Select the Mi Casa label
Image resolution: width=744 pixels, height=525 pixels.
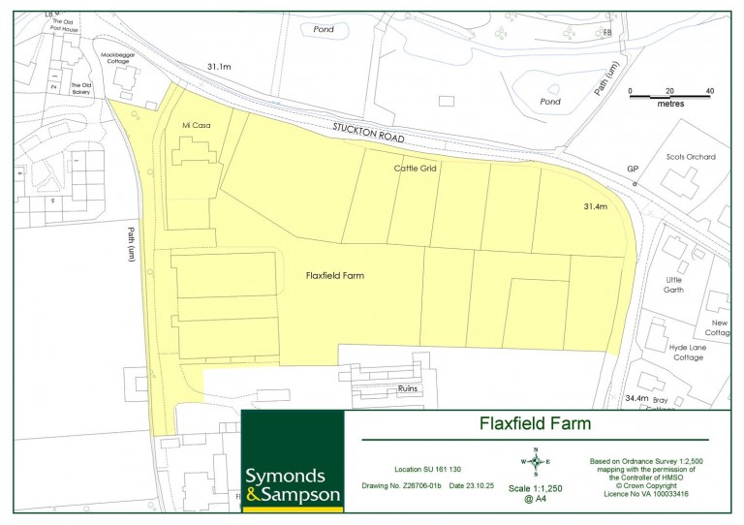click(x=197, y=126)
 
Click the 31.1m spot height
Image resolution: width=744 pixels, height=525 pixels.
click(x=219, y=66)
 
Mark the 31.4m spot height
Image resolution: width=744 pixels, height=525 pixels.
click(x=594, y=207)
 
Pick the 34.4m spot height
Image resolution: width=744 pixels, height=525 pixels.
click(x=636, y=398)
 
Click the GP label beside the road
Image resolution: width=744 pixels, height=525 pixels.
click(x=633, y=170)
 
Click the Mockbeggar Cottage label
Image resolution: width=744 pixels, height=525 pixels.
click(x=119, y=59)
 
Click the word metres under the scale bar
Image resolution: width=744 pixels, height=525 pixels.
click(x=670, y=103)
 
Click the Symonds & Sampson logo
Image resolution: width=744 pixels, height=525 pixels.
click(x=293, y=484)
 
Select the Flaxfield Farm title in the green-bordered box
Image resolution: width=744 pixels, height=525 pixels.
click(x=536, y=423)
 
